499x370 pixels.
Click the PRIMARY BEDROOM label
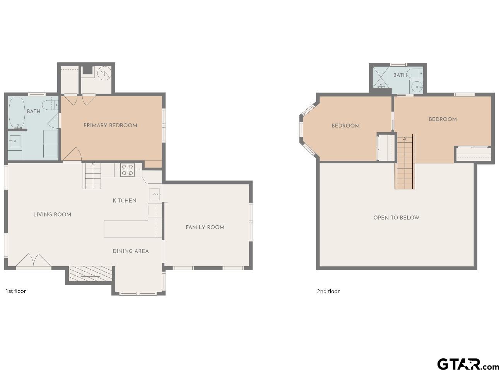click(x=110, y=125)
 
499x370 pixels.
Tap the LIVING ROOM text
click(x=52, y=214)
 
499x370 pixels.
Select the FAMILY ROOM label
click(x=205, y=227)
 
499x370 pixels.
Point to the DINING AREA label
click(x=130, y=251)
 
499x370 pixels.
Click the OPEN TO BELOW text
click(x=396, y=217)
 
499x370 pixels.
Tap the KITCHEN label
click(x=124, y=200)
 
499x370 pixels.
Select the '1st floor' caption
click(x=15, y=291)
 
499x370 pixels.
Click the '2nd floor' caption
click(x=328, y=291)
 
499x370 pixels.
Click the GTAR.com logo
click(x=468, y=364)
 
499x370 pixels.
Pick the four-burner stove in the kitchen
click(x=127, y=170)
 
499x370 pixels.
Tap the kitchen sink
click(x=155, y=193)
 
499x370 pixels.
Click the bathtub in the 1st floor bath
click(x=17, y=113)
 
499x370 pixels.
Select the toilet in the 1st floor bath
click(x=50, y=105)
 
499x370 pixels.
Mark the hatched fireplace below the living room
click(x=91, y=273)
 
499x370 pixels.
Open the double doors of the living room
click(x=34, y=261)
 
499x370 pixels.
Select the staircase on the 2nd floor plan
click(x=405, y=163)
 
